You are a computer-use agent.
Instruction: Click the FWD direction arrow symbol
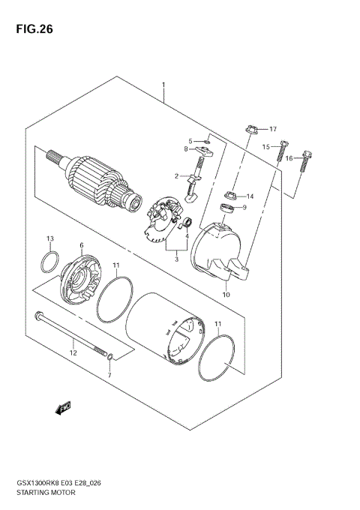pos(63,408)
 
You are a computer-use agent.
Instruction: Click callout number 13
pos(50,239)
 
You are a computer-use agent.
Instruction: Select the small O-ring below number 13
pos(50,262)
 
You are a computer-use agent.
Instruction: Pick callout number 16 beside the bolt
pos(289,159)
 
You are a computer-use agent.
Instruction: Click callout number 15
pos(265,147)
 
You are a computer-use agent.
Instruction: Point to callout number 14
pos(250,196)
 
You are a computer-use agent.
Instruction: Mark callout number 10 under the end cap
pos(225,295)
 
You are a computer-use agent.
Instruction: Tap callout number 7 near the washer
pos(109,374)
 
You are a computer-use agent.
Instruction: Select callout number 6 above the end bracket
pos(81,244)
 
